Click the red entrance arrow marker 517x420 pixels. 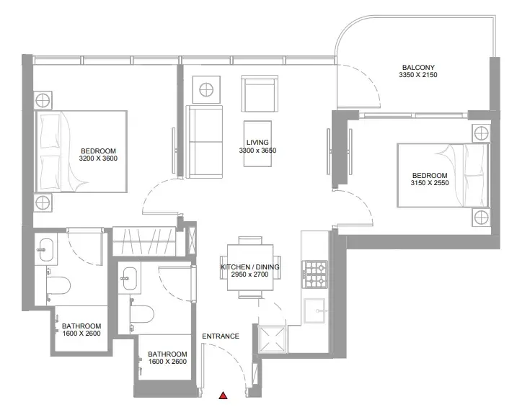tap(224, 396)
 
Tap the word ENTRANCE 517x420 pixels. tap(221, 336)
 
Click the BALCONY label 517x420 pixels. tap(418, 68)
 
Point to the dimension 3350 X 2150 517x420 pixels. tap(418, 75)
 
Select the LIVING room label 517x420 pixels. tap(257, 143)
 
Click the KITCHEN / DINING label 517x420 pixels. tap(250, 267)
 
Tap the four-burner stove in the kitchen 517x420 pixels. tap(316, 274)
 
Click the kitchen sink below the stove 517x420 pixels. tap(314, 310)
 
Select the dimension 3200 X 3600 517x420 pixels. tap(98, 158)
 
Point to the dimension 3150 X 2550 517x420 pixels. tap(430, 183)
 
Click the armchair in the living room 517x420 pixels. tap(260, 94)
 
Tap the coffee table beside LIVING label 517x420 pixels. tap(257, 143)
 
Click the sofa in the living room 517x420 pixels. tap(204, 142)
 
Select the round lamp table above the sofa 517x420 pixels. tap(206, 89)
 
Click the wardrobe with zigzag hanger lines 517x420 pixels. tap(143, 241)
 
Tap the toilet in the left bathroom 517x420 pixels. tap(58, 285)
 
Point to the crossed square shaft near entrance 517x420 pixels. tap(273, 339)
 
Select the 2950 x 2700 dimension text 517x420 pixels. tap(250, 274)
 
